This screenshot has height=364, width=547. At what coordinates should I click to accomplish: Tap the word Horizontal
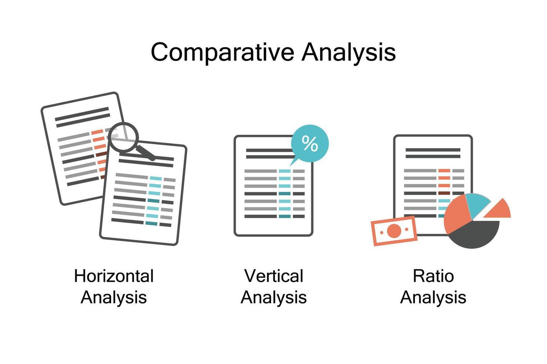(x=114, y=276)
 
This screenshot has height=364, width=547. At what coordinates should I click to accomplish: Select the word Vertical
(x=273, y=276)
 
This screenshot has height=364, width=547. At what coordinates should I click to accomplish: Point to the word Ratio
(x=433, y=276)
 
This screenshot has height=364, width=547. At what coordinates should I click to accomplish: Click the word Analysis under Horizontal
(x=114, y=297)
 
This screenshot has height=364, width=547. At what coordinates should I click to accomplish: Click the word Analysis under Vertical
(x=273, y=297)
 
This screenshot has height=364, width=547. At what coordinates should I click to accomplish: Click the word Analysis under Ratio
(x=433, y=297)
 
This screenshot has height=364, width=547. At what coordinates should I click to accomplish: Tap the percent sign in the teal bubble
(x=310, y=143)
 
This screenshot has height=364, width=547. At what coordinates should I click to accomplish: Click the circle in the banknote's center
(x=394, y=231)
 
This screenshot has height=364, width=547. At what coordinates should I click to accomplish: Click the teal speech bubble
(x=310, y=143)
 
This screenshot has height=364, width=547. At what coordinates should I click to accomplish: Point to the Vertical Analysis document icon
(x=273, y=193)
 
